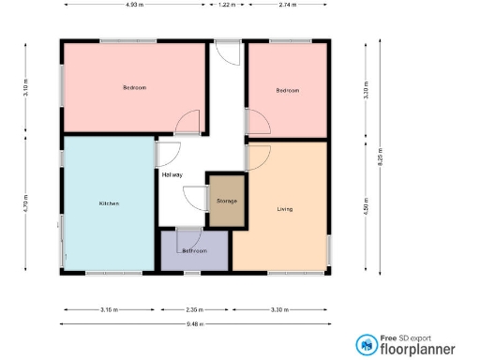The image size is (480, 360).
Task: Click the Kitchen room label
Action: coord(109,203)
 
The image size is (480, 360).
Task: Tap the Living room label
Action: coord(285,209)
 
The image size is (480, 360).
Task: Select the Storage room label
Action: coord(227,202)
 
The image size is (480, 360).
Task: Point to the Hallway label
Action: coord(172,175)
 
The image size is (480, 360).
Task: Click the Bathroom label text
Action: coord(194,251)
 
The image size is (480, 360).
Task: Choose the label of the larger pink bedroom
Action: coord(135,88)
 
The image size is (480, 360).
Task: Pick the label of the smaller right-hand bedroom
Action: coord(287,90)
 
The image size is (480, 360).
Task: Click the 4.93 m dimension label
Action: coord(134,5)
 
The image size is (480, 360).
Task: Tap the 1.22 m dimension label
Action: coord(226,5)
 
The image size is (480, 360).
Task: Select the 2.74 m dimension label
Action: coord(287,5)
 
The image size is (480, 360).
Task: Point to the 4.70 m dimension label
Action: coord(25,204)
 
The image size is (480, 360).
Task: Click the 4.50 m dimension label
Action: coord(365,206)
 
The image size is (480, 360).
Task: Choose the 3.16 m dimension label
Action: coord(109,309)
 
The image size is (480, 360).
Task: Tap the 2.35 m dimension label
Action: coord(194,309)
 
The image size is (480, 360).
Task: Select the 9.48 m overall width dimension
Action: coord(195,323)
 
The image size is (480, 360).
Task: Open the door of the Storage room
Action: coord(195,198)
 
